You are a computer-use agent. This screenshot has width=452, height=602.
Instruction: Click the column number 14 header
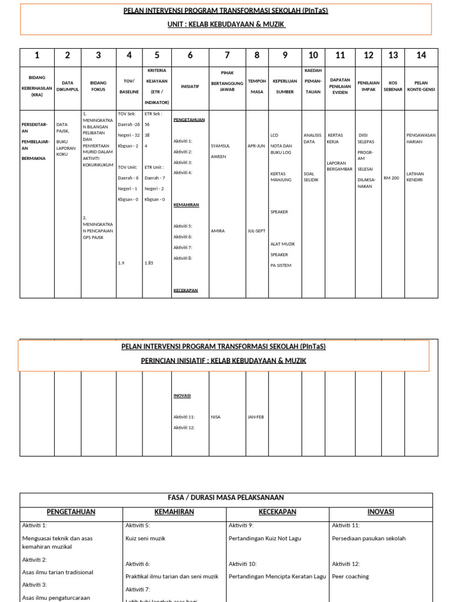[421, 55]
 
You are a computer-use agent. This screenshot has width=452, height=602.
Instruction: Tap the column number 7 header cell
[227, 55]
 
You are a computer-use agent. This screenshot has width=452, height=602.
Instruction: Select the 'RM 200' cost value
[391, 178]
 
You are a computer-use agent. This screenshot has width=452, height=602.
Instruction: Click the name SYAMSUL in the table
[220, 146]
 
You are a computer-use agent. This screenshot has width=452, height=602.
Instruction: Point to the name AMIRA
[218, 231]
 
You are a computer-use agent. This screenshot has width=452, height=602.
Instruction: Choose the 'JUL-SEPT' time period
[257, 231]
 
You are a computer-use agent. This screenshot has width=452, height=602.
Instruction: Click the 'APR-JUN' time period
[257, 146]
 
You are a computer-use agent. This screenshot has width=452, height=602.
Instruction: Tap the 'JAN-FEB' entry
[256, 417]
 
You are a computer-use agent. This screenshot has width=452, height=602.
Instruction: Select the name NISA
[215, 417]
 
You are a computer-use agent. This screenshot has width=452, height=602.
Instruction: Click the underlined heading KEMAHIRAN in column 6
[186, 205]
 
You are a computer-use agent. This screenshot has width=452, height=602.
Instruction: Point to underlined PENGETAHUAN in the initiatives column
[189, 119]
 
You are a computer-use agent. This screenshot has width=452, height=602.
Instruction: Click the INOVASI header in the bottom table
[380, 512]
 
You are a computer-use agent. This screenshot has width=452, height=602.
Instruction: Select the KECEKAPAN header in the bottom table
[277, 512]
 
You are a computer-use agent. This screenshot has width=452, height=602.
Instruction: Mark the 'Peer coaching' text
[350, 576]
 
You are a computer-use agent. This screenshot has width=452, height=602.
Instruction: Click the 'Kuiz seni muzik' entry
[145, 538]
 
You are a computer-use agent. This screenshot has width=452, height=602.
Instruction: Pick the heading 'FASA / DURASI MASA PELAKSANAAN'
[226, 498]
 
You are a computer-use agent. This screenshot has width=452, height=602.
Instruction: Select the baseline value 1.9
[121, 263]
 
